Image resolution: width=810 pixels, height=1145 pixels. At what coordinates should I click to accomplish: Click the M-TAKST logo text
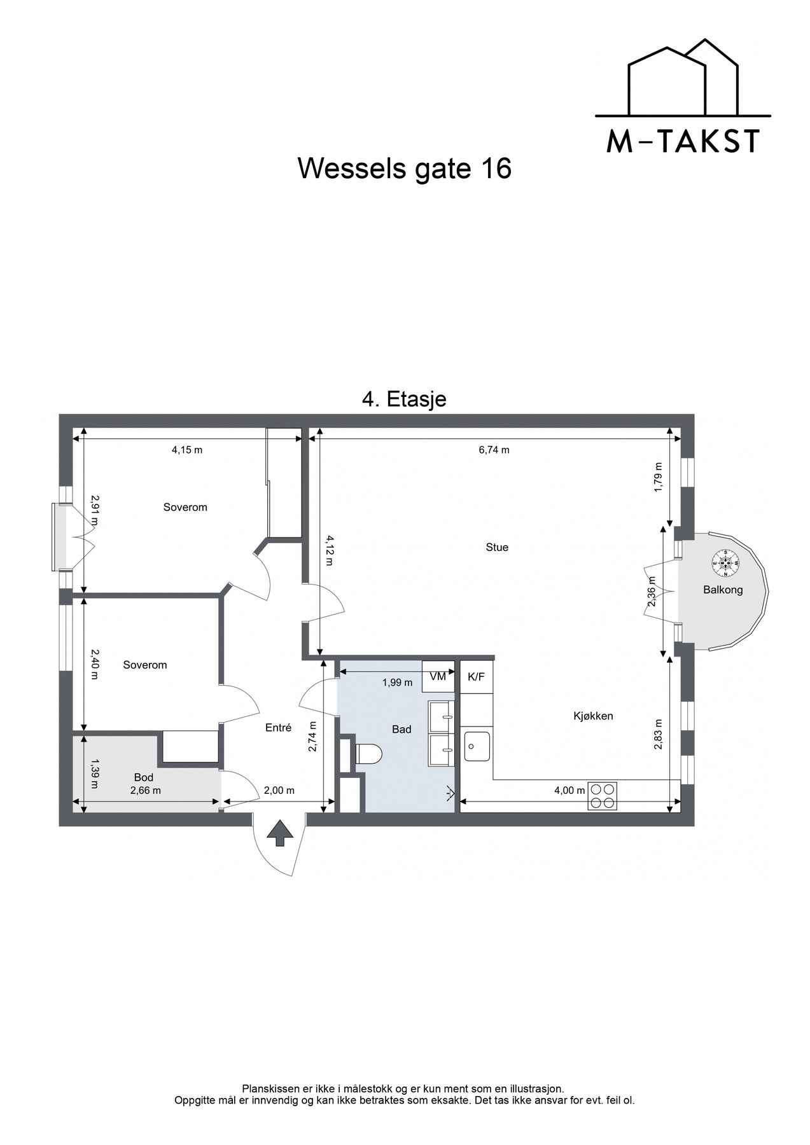point(683,141)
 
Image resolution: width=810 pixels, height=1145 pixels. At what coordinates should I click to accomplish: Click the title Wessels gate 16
point(405,169)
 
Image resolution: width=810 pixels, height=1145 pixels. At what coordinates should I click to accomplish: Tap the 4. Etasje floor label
point(404,399)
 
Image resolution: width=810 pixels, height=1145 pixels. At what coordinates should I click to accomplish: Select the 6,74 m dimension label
point(494,450)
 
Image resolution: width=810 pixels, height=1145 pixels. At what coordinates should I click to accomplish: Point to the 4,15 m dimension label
point(187,450)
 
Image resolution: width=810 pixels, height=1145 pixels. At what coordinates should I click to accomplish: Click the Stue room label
point(497,547)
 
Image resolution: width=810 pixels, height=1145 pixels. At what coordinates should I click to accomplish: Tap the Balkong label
point(723,590)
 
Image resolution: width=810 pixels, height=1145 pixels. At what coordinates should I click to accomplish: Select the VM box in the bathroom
point(438,676)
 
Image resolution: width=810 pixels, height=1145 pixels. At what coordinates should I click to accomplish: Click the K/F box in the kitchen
point(476,676)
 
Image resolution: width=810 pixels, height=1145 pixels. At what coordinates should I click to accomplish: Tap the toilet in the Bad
point(368,754)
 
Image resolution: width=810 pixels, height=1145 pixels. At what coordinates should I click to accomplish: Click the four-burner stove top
point(602,795)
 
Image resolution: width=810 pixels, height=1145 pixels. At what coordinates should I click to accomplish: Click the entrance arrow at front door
point(278,833)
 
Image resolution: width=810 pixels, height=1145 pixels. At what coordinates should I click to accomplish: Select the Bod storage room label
point(144,777)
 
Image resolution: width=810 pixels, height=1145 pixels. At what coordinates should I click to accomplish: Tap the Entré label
point(278,728)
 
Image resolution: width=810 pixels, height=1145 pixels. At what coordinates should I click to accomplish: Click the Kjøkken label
point(593,716)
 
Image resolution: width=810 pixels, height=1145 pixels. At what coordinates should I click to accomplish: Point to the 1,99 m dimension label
point(397,683)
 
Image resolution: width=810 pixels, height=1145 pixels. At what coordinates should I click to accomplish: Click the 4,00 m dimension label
point(569,791)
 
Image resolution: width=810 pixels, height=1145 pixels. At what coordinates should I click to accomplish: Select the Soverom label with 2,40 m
point(145,665)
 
